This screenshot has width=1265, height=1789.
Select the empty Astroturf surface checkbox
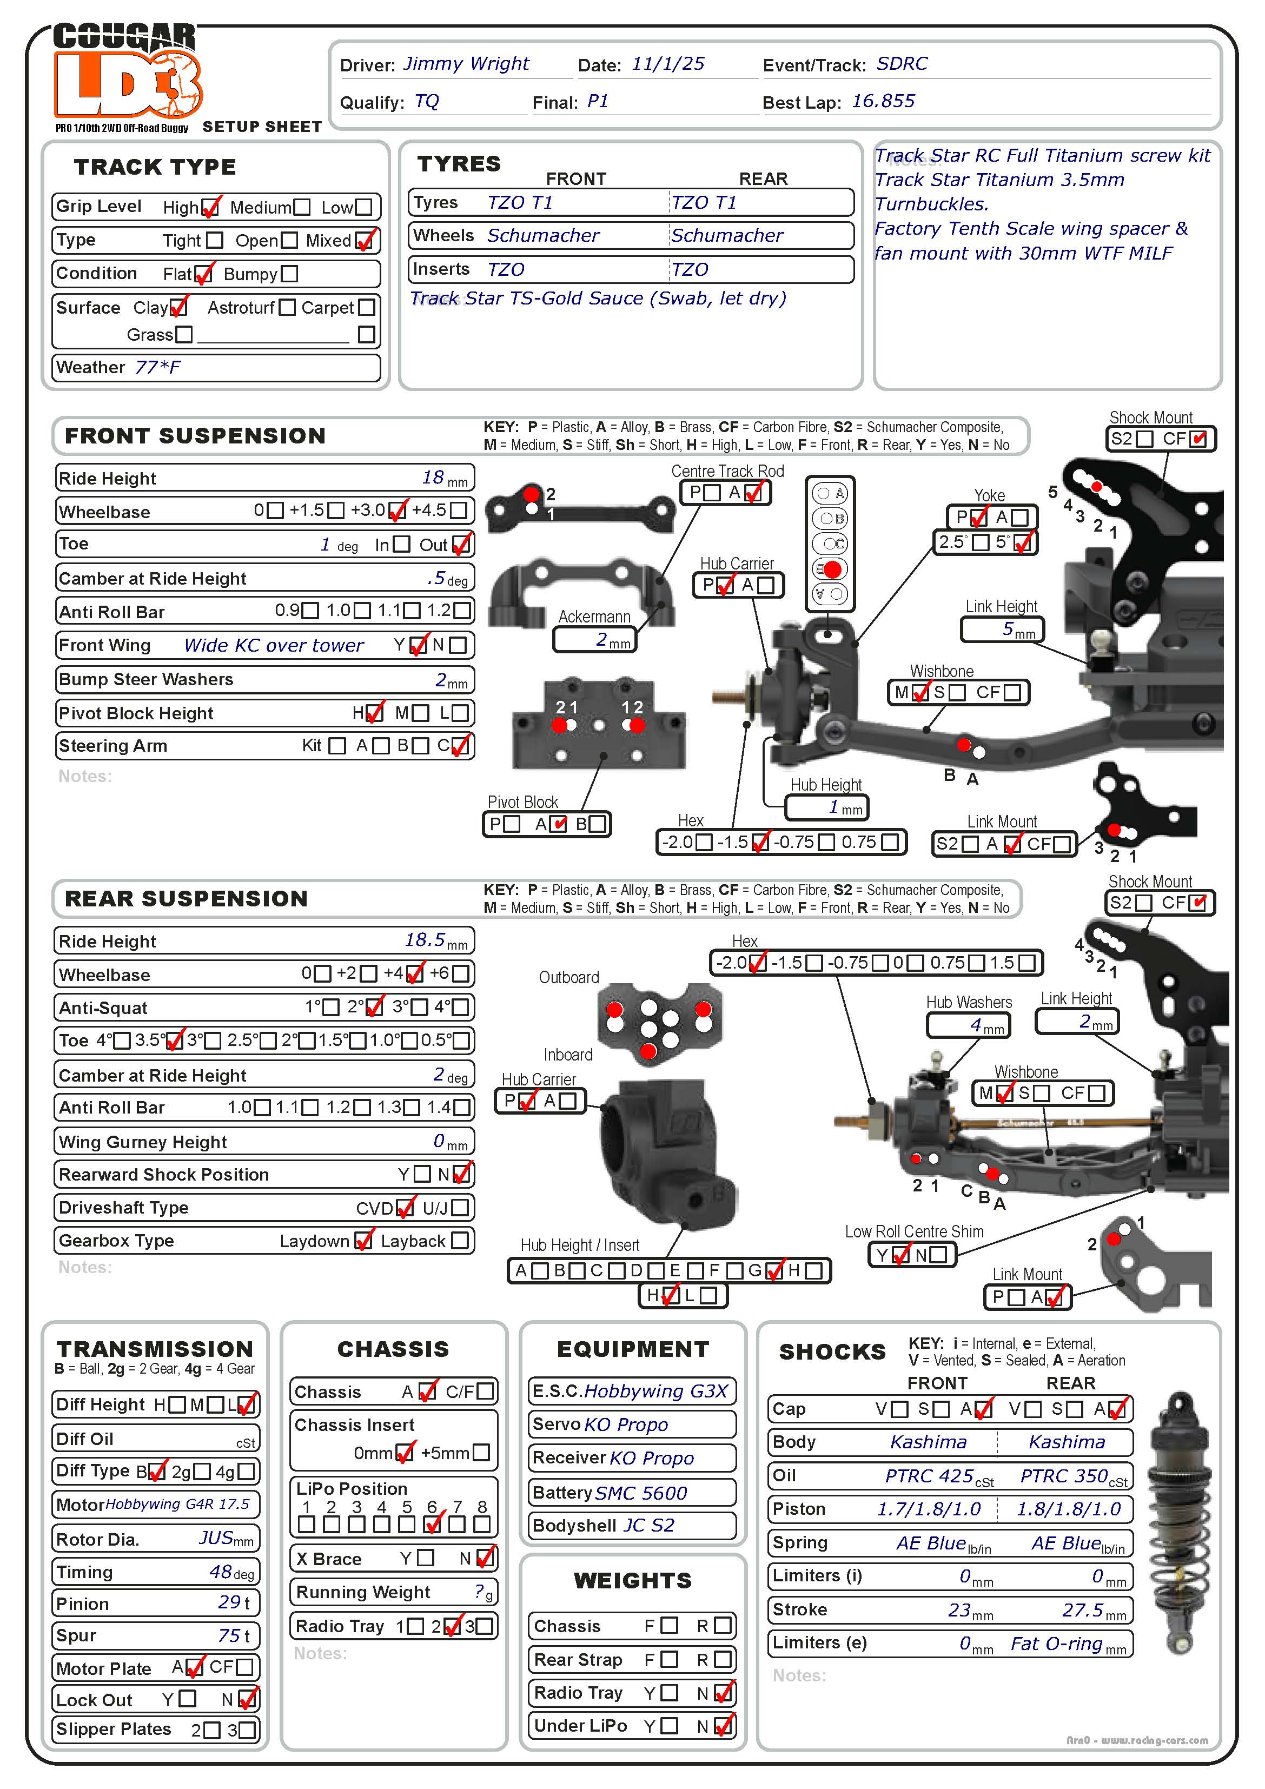[287, 308]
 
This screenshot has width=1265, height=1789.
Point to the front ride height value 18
[433, 477]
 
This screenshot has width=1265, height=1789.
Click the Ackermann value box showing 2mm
[595, 640]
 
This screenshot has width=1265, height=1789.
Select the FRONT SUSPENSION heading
[195, 435]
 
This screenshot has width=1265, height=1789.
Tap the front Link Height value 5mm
[1002, 629]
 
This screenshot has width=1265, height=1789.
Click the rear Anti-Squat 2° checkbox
[375, 1006]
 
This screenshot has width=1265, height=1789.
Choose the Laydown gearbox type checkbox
[362, 1241]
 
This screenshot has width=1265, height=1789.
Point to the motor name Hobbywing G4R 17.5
[178, 1504]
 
